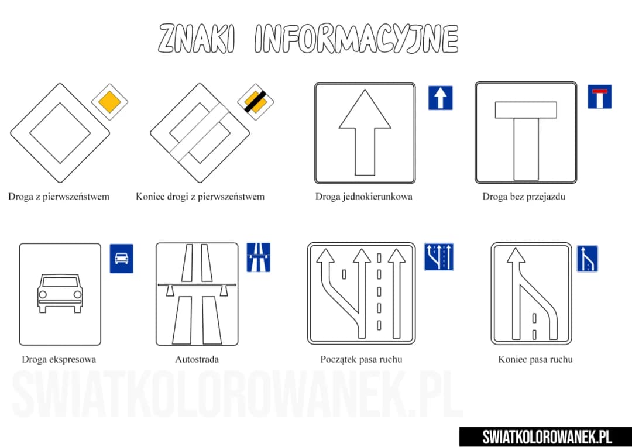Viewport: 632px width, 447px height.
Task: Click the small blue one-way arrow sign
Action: (440, 98)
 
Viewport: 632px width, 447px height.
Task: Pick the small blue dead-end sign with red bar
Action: (599, 97)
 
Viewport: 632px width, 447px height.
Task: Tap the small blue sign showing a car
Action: (121, 258)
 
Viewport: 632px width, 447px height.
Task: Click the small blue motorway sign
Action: (258, 257)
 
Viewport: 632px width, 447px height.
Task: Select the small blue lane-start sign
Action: (439, 257)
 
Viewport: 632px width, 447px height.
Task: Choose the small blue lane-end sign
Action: (587, 259)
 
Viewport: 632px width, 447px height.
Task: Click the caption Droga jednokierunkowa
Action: (363, 197)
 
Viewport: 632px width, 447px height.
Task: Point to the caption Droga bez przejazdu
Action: (524, 197)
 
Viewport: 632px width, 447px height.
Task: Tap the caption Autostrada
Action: (197, 359)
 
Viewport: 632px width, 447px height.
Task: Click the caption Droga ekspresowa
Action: (59, 359)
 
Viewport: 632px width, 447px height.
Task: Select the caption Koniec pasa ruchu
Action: (535, 359)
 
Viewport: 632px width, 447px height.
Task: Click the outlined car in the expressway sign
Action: (60, 293)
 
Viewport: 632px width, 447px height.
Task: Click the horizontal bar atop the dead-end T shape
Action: (525, 109)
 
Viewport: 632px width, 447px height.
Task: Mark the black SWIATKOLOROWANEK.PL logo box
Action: (545, 436)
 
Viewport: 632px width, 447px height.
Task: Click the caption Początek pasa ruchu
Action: (361, 359)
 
